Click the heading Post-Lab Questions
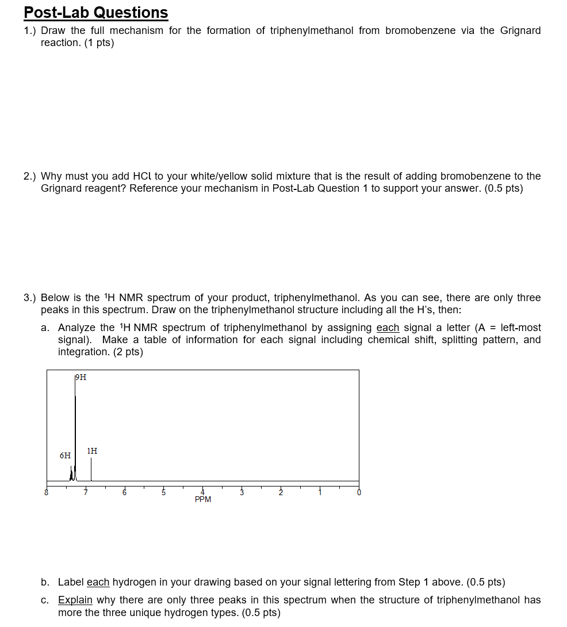pyautogui.click(x=96, y=13)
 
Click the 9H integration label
pyautogui.click(x=81, y=378)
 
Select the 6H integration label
pyautogui.click(x=66, y=455)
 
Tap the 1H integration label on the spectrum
pyautogui.click(x=92, y=451)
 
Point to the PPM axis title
pyautogui.click(x=203, y=499)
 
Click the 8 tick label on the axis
pyautogui.click(x=47, y=492)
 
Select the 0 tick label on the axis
pyautogui.click(x=359, y=492)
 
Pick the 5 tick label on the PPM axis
pyautogui.click(x=163, y=492)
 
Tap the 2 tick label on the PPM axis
pyautogui.click(x=281, y=492)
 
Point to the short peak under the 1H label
pyautogui.click(x=91, y=469)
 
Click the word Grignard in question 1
pyautogui.click(x=520, y=31)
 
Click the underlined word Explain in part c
pyautogui.click(x=75, y=600)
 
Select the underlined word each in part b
pyautogui.click(x=98, y=582)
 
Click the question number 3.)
pyautogui.click(x=30, y=298)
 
